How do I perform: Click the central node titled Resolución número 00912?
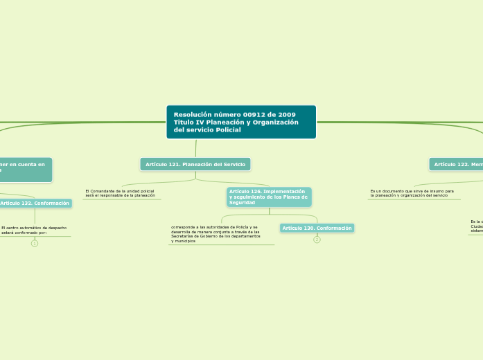tap(241, 122)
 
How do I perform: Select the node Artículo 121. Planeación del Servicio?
tap(195, 164)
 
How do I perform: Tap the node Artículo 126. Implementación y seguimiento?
tap(269, 197)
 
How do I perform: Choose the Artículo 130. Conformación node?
tap(317, 228)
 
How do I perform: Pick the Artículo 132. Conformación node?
tap(35, 203)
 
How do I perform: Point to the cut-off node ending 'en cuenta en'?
tap(25, 168)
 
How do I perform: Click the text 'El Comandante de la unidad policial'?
tap(120, 190)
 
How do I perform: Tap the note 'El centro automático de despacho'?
tap(35, 228)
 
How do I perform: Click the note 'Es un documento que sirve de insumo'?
tap(412, 190)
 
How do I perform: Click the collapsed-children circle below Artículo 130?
tap(317, 240)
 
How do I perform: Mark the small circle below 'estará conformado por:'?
tap(35, 243)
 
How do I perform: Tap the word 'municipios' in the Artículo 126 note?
tap(184, 241)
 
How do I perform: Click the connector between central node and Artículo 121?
tap(196, 148)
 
